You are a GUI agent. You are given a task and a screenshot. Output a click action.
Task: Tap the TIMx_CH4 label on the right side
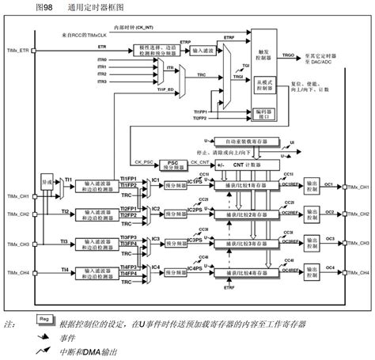pyautogui.click(x=359, y=271)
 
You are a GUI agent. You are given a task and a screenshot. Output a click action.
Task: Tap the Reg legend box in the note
pyautogui.click(x=47, y=318)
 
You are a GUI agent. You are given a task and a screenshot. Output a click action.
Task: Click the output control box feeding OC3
pyautogui.click(x=320, y=241)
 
